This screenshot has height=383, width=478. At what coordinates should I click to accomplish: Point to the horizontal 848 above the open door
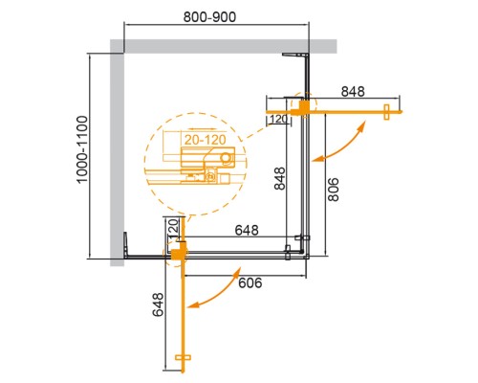[x=353, y=93]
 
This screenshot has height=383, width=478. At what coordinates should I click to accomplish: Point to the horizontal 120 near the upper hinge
[x=279, y=120]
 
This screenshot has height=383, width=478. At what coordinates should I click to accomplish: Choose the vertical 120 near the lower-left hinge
[x=173, y=230]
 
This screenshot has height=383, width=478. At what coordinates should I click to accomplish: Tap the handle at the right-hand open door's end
[x=388, y=109]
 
